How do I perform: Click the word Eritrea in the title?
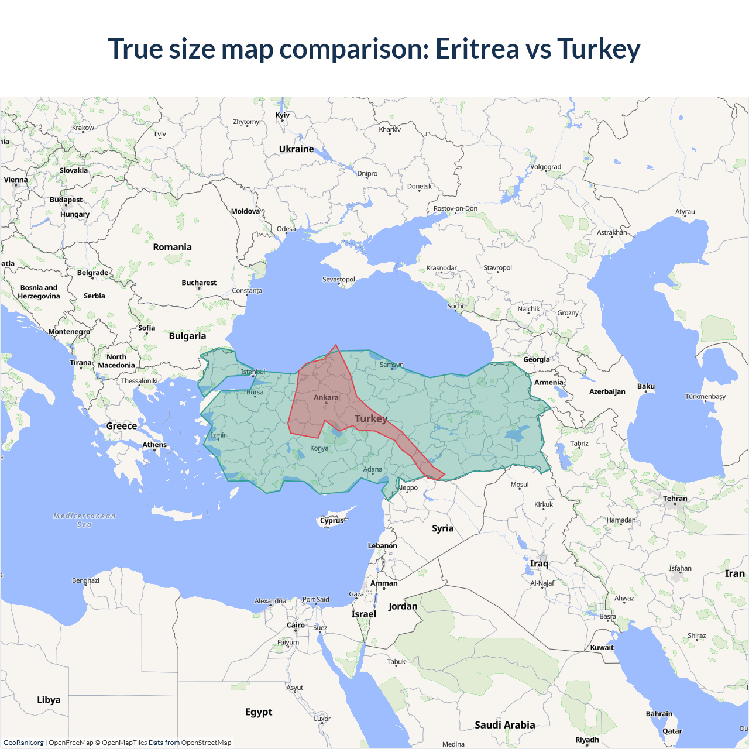click(477, 49)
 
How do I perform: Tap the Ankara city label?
click(326, 397)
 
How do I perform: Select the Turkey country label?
click(371, 418)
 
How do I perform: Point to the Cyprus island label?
click(332, 520)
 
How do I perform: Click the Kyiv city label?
click(283, 115)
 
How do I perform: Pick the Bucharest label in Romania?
click(199, 283)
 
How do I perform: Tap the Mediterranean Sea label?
click(84, 520)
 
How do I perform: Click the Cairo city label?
click(296, 625)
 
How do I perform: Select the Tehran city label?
click(675, 499)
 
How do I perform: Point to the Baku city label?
click(646, 386)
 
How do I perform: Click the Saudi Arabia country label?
click(504, 725)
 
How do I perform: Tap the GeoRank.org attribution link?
click(23, 743)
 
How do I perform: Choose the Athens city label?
click(154, 445)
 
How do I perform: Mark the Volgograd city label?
click(545, 167)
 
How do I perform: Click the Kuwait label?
click(602, 647)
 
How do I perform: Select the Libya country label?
click(49, 700)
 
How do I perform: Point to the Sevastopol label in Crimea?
click(339, 279)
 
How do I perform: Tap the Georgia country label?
click(536, 359)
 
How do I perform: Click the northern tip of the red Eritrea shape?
click(336, 345)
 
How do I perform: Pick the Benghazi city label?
click(85, 580)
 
